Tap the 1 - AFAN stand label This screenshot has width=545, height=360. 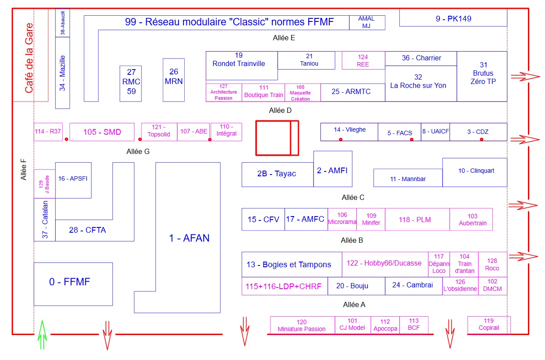point(189,238)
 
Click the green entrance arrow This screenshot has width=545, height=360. point(42,335)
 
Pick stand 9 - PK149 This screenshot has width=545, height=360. point(453,19)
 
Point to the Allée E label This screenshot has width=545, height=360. point(284,38)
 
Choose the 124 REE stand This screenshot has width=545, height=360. point(363,60)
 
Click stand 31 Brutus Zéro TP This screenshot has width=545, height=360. point(482,77)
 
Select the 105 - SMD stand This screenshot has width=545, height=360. point(102,132)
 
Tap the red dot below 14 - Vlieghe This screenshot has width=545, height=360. point(341,139)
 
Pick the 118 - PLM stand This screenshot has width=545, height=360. point(417,220)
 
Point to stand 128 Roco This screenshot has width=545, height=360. point(492,265)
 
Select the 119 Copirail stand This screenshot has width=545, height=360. point(489,325)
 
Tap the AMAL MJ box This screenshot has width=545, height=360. point(367,22)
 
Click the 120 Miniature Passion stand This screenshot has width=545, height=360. point(302,325)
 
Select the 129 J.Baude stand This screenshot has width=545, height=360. point(44,184)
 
